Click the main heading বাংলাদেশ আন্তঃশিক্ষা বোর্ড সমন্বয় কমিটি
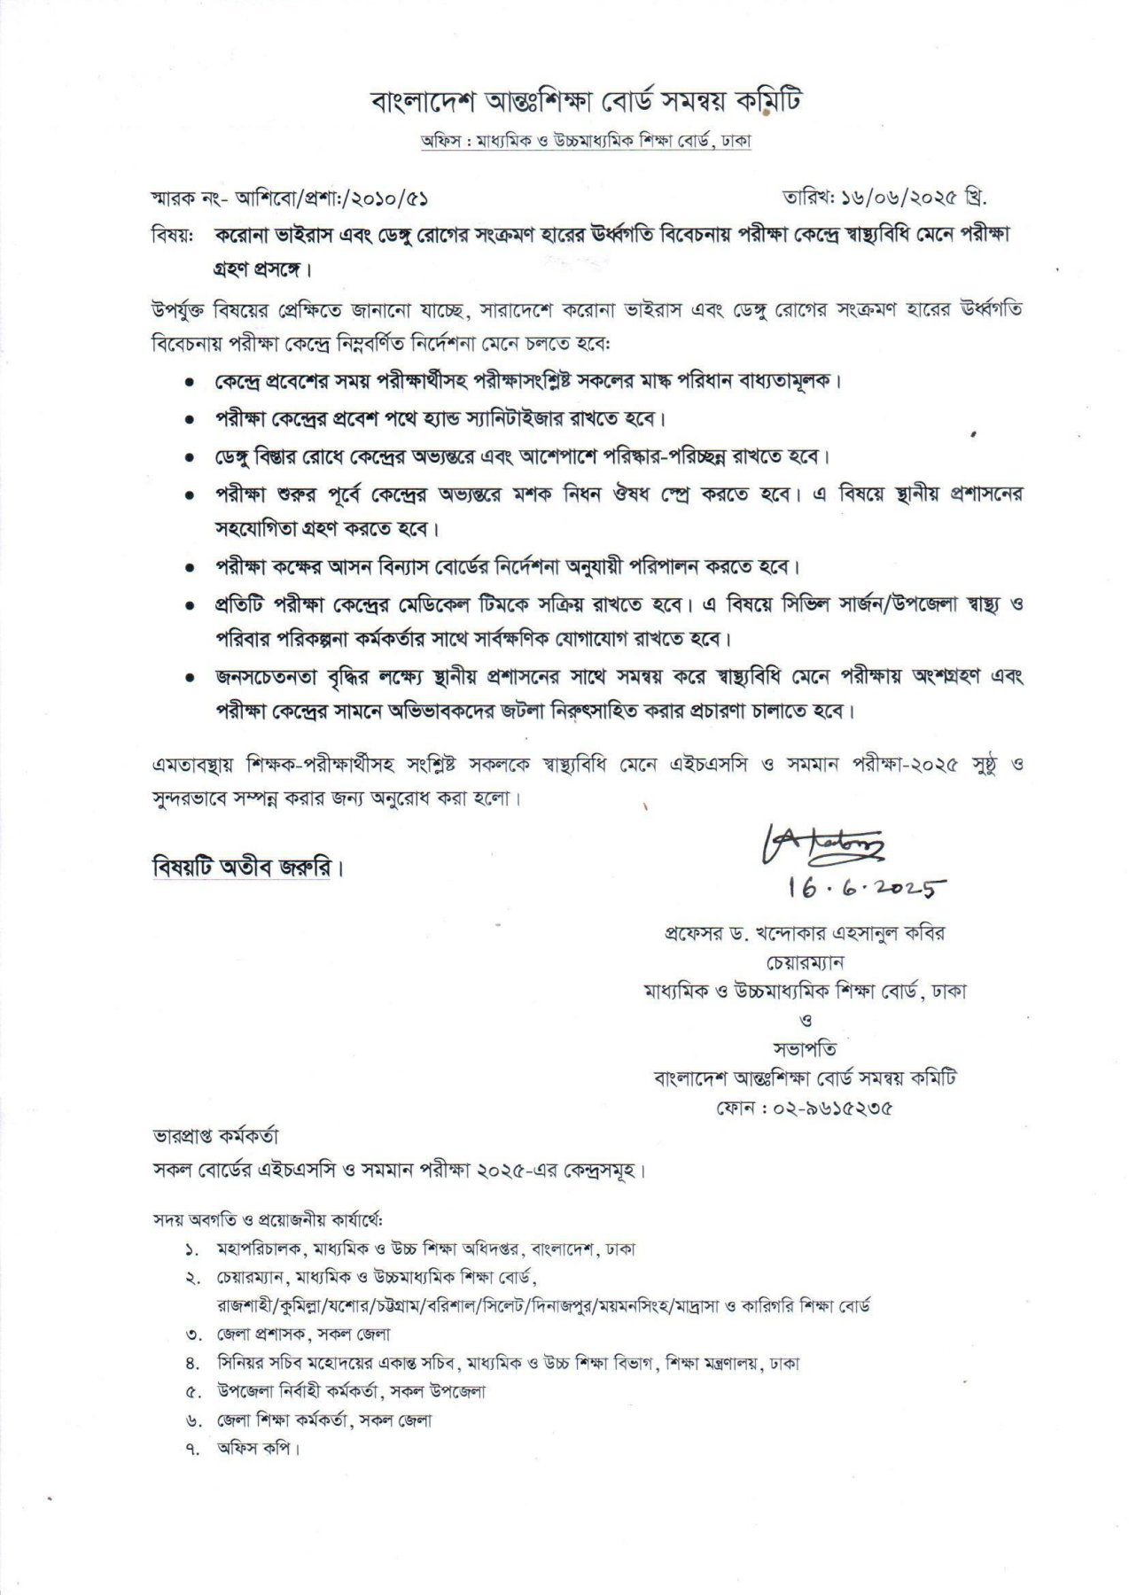[x=586, y=103]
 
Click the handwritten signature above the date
[x=820, y=846]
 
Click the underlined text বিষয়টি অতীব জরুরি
[x=242, y=868]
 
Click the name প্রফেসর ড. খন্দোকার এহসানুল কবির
[x=805, y=933]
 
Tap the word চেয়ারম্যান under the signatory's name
[x=805, y=961]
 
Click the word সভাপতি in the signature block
[x=805, y=1050]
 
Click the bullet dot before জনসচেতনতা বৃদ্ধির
[x=190, y=678]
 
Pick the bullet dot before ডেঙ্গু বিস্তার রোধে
[x=190, y=458]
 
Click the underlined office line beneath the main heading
[x=586, y=142]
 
